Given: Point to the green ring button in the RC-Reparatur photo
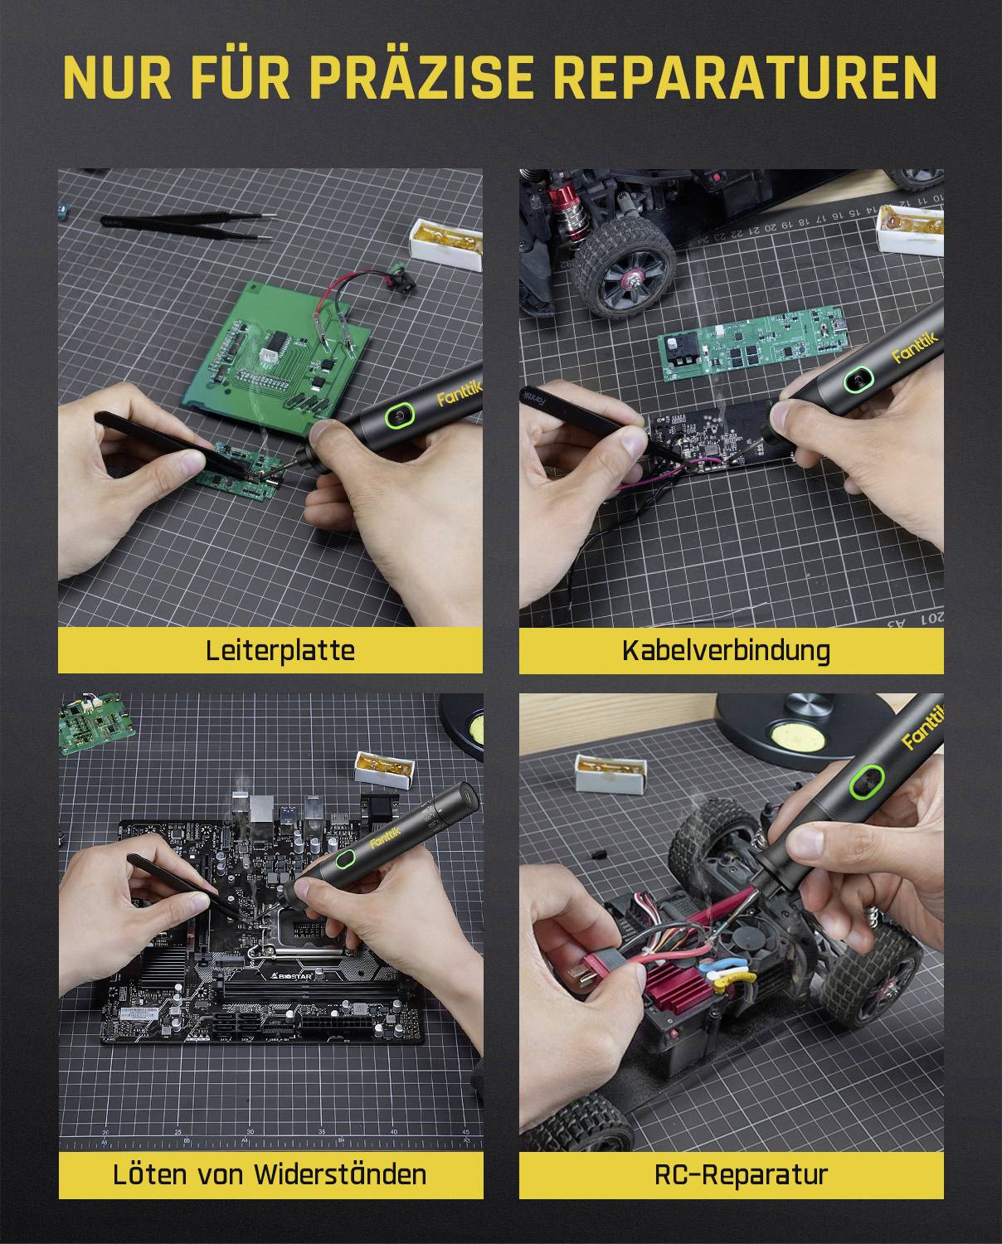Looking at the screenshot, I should point(865,780).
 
